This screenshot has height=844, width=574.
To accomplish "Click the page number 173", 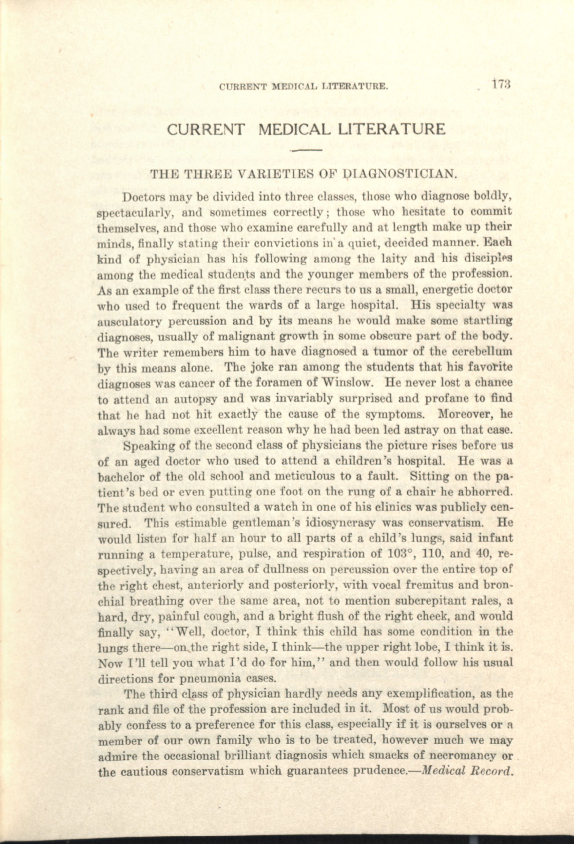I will coord(502,86).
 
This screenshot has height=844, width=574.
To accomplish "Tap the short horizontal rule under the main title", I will coord(306,150).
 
